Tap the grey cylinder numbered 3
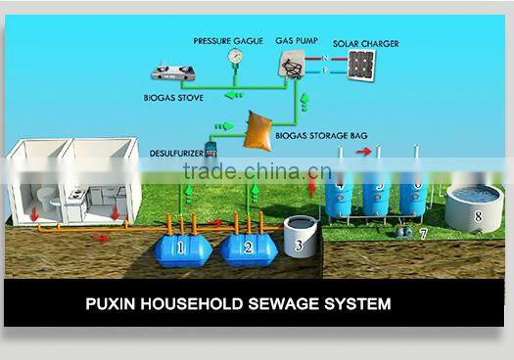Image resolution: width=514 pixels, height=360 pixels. [x=299, y=238]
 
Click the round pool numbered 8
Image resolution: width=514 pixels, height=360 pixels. [x=475, y=206]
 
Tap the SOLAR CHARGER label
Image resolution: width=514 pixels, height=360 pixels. [x=365, y=44]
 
